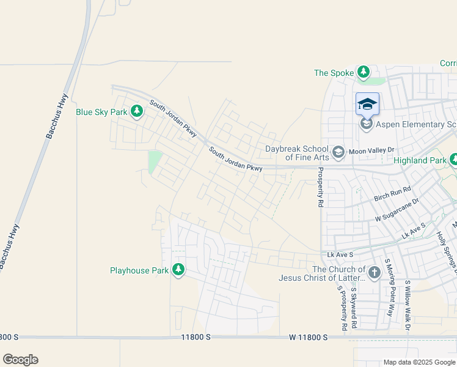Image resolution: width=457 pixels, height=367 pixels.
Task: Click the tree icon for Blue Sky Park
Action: click(x=137, y=111)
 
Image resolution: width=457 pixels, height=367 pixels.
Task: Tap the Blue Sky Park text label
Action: click(x=101, y=112)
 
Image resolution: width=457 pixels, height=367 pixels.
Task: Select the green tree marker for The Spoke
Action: click(x=364, y=73)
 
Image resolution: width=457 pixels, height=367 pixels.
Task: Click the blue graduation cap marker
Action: click(x=367, y=104)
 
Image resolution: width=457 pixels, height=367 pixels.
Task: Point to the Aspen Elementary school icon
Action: click(x=367, y=124)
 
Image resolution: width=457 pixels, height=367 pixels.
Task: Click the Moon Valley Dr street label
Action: click(x=371, y=150)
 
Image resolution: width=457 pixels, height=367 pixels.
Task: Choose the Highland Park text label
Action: click(x=420, y=160)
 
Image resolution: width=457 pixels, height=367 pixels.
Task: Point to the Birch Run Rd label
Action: click(x=392, y=194)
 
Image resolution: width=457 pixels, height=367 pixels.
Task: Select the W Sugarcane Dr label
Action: click(x=397, y=209)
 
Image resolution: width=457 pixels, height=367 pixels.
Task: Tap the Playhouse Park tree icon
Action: click(x=178, y=270)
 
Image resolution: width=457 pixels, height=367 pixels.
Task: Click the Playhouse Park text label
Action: click(x=139, y=270)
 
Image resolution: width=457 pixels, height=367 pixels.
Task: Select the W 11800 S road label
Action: click(x=309, y=337)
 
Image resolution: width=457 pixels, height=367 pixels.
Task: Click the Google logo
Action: click(x=20, y=360)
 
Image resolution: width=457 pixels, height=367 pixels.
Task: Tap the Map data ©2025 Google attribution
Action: click(x=420, y=362)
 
